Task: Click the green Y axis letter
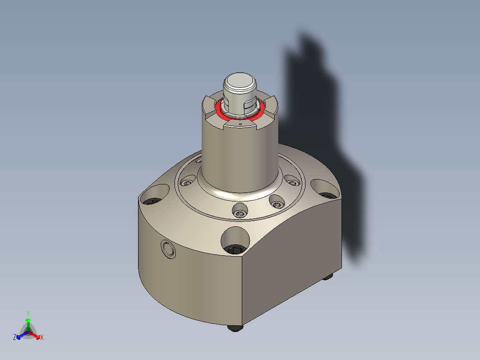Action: click(28, 313)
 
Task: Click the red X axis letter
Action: click(42, 337)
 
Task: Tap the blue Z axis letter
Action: click(15, 337)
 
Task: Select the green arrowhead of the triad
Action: click(28, 320)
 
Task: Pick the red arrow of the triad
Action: click(36, 335)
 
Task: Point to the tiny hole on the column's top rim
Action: click(240, 125)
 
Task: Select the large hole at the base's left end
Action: click(153, 196)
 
